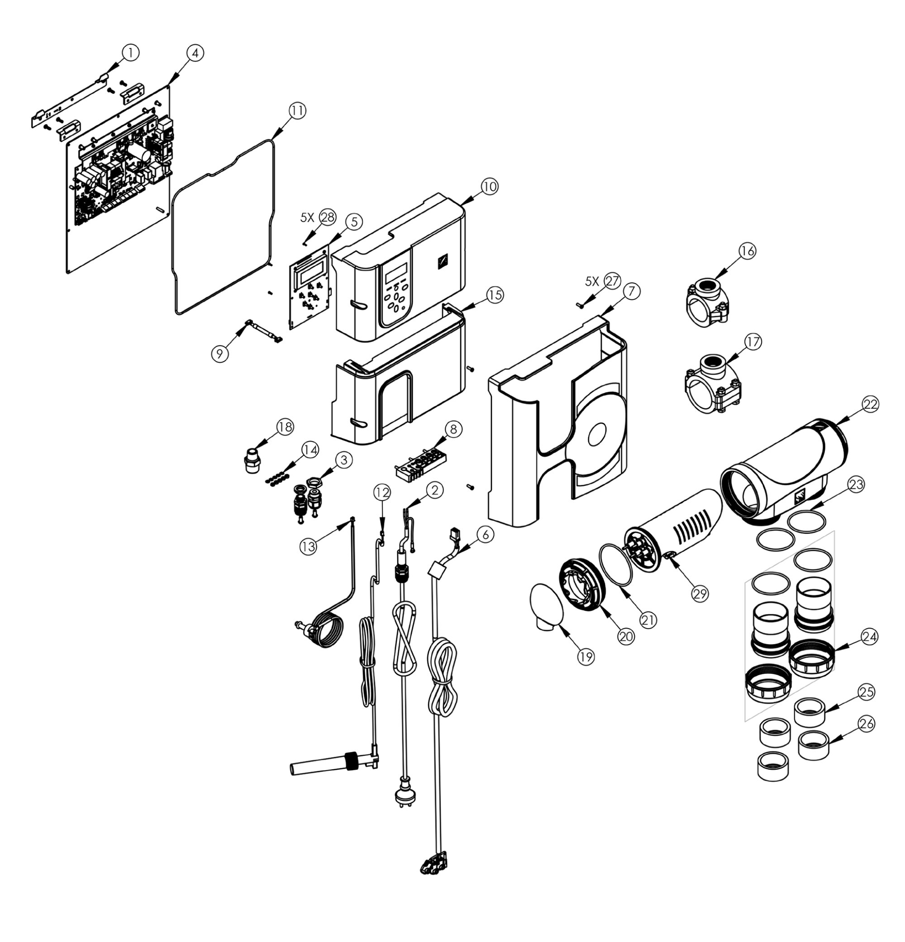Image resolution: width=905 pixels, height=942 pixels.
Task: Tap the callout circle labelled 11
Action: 297,111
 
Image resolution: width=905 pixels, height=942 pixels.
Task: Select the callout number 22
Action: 869,404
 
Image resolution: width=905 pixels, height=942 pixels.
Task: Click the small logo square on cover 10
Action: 442,262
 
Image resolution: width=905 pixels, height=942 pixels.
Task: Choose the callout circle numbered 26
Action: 866,724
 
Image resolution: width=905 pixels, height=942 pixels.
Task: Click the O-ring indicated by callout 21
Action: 616,565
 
